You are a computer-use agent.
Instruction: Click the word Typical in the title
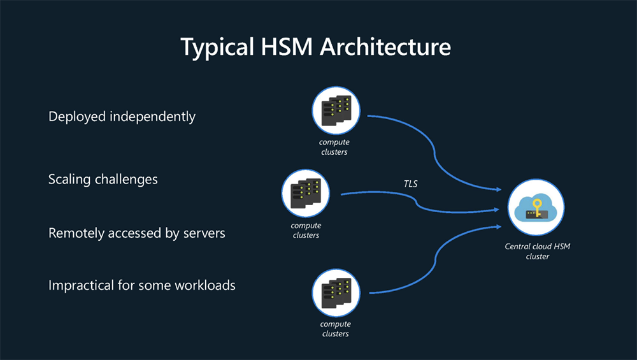(x=214, y=47)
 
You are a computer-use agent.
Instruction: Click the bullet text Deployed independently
(x=122, y=117)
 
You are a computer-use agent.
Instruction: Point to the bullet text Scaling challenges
(x=103, y=179)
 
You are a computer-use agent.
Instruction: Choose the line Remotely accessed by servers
(x=137, y=233)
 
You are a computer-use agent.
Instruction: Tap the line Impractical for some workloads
(x=142, y=285)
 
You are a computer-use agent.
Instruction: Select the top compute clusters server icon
(x=336, y=110)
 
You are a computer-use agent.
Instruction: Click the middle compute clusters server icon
(x=306, y=192)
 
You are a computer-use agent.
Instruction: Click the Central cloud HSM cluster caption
(x=537, y=251)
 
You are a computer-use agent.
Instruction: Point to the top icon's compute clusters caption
(x=334, y=147)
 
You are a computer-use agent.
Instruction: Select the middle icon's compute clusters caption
(x=306, y=230)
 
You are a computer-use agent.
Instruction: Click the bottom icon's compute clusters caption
(x=335, y=329)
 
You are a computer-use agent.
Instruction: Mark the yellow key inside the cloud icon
(x=538, y=207)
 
